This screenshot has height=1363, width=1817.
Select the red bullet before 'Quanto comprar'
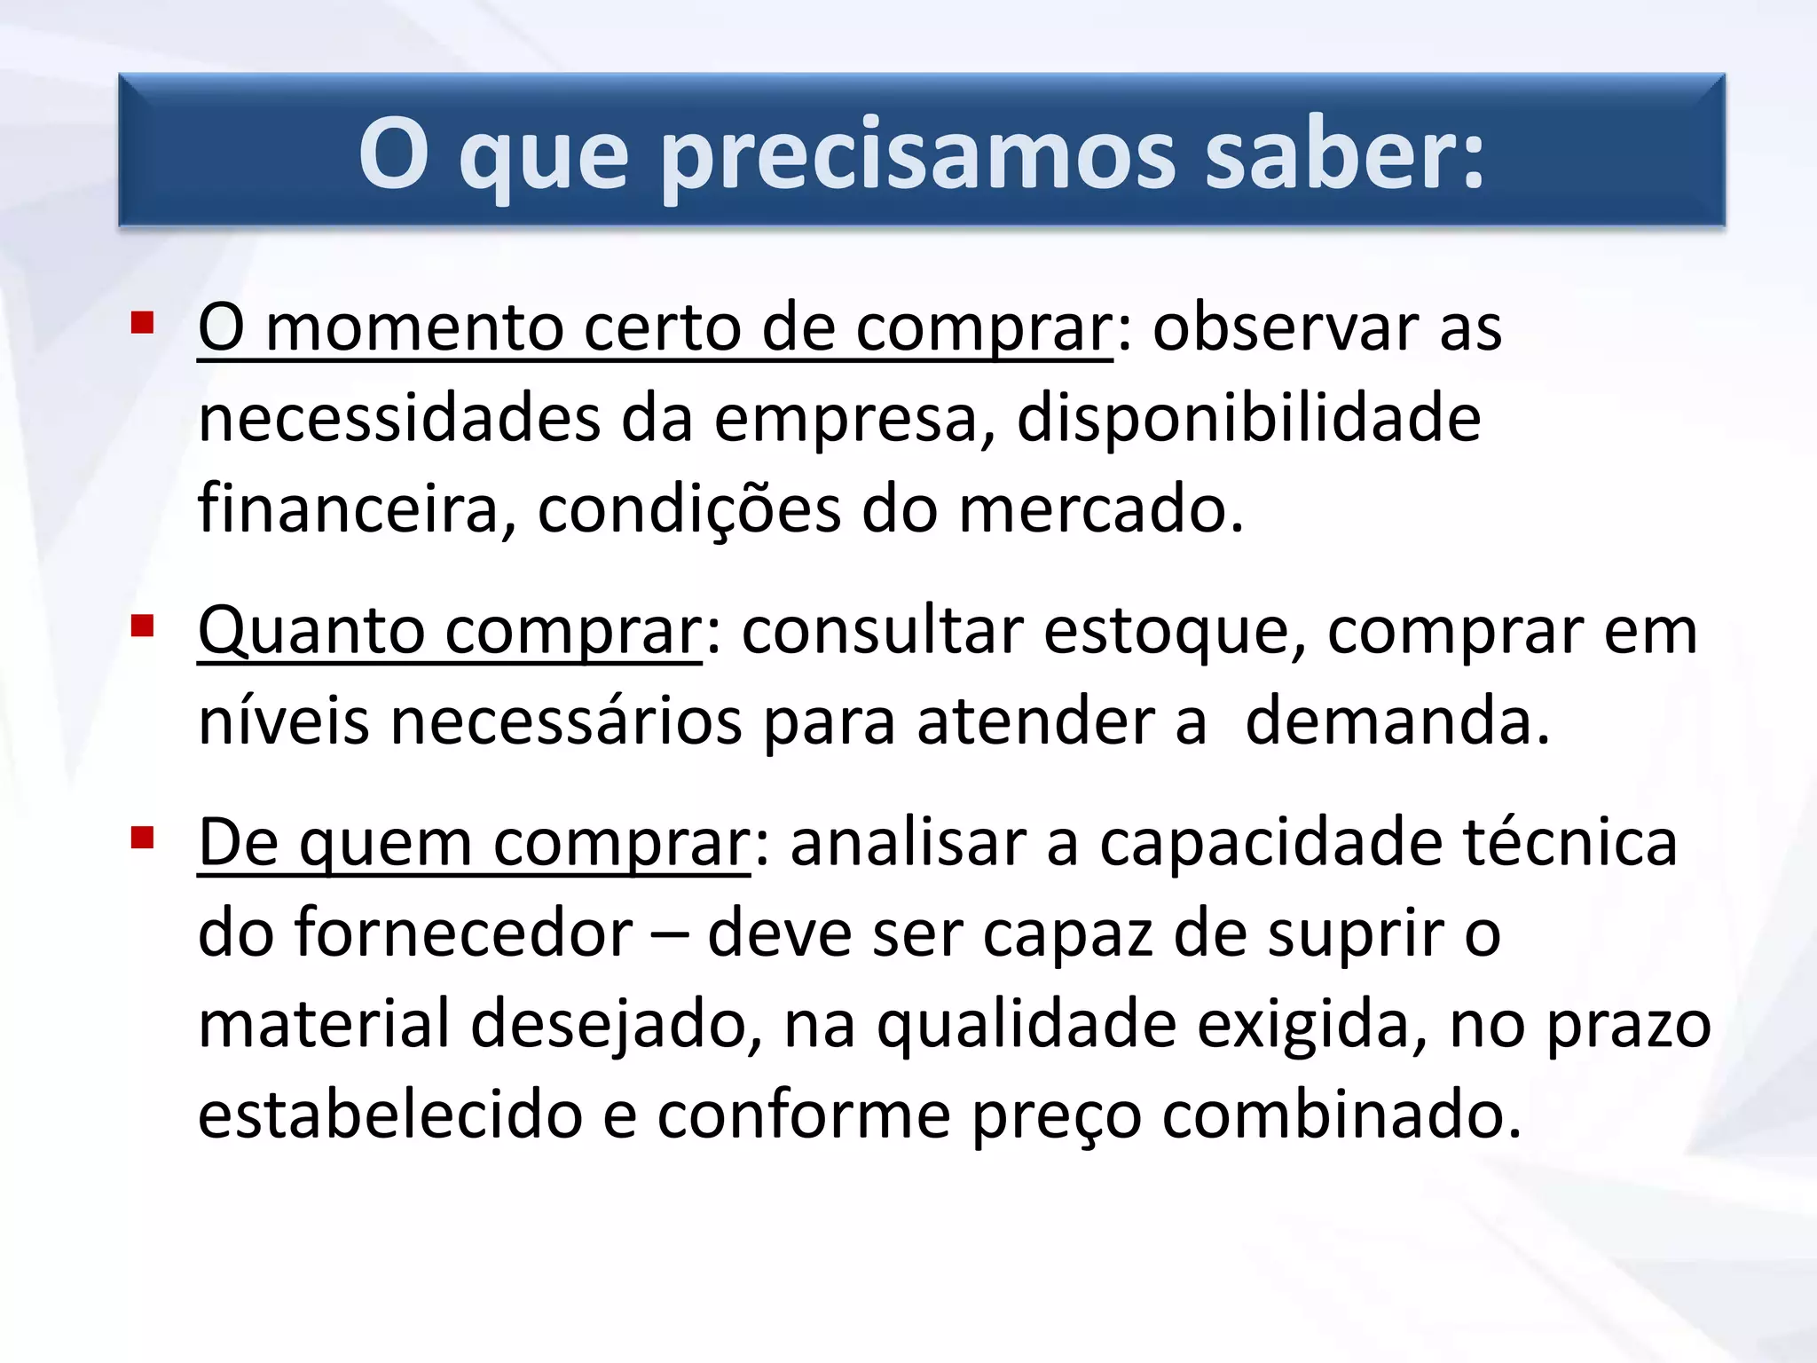click(x=142, y=626)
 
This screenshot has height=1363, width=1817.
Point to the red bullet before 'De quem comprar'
click(x=142, y=838)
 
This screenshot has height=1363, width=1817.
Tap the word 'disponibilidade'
click(x=1248, y=419)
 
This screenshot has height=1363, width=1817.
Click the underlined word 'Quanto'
click(x=310, y=632)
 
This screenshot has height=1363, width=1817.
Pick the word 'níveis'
click(x=283, y=721)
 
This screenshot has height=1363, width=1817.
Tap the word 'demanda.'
click(x=1397, y=721)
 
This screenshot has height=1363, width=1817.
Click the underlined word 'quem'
click(x=386, y=843)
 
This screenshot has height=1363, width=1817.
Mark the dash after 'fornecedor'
click(x=670, y=935)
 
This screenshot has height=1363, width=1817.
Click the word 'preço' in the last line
click(x=1057, y=1116)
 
